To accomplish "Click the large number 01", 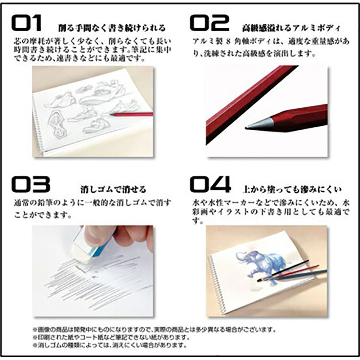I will pyautogui.click(x=27, y=23).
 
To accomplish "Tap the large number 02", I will pyautogui.click(x=210, y=23).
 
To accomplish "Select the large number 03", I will pyautogui.click(x=30, y=184).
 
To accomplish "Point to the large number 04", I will pyautogui.click(x=210, y=184).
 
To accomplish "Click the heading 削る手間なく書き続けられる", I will pyautogui.click(x=112, y=28).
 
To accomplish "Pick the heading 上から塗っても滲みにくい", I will pyautogui.click(x=292, y=189).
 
